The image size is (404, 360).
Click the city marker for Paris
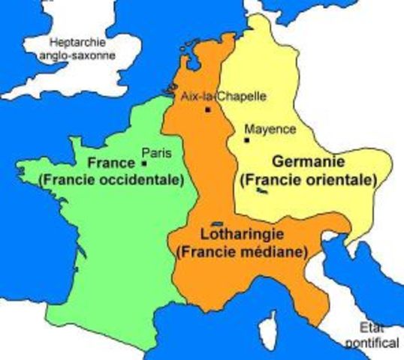(144, 163)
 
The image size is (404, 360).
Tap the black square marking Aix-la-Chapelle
(207, 109)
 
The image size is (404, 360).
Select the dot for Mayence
(246, 139)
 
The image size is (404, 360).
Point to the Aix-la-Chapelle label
(213, 96)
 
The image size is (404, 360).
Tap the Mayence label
(270, 129)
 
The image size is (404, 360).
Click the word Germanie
(308, 162)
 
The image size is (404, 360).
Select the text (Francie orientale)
(307, 180)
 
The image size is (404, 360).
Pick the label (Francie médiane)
(240, 253)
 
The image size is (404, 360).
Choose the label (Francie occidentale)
(111, 180)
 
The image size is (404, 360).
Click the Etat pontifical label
(378, 334)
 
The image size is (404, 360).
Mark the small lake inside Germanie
(262, 191)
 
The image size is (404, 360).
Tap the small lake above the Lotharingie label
(219, 223)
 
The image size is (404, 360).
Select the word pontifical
(378, 342)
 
